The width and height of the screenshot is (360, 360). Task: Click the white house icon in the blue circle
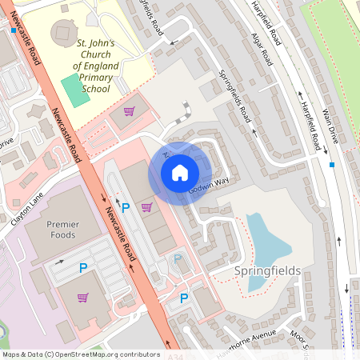180,172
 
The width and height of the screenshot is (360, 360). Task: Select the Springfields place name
267,270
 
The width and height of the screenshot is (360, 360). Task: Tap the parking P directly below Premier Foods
82,270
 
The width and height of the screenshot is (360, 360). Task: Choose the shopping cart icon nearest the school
128,111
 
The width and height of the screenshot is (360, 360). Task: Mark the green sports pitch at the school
75,90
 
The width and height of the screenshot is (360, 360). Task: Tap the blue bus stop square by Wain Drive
332,165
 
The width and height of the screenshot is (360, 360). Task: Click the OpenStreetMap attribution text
80,354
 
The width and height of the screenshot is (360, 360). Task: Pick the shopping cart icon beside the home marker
146,207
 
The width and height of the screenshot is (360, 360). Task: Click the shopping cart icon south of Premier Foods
82,298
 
